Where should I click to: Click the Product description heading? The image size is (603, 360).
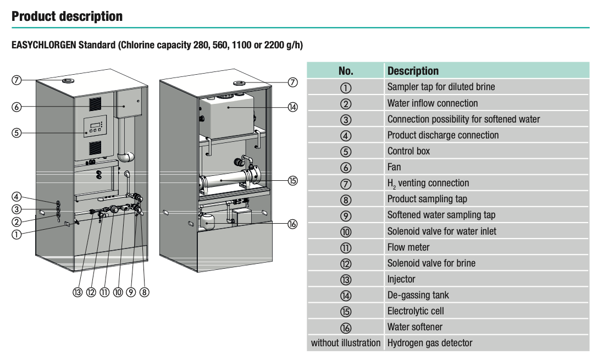(67, 16)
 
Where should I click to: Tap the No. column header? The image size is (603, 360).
(346, 71)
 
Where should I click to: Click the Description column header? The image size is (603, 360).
(413, 71)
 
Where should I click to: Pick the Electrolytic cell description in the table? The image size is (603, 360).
(415, 311)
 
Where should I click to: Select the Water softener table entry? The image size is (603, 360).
(414, 327)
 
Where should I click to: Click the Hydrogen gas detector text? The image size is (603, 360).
(429, 343)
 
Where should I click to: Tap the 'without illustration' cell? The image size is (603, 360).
(346, 343)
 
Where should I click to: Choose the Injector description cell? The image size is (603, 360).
(401, 279)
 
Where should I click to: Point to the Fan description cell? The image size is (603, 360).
(394, 167)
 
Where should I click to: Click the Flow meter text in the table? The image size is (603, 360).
(408, 247)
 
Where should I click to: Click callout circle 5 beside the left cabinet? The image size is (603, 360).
(17, 132)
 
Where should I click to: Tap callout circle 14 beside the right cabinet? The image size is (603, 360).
(292, 107)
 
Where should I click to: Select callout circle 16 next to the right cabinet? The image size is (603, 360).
(292, 224)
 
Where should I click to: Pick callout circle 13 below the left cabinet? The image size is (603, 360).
(78, 292)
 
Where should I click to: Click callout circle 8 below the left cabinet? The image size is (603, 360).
(144, 292)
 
